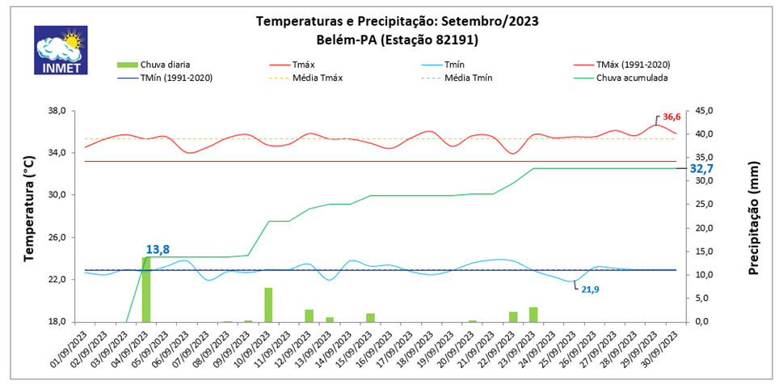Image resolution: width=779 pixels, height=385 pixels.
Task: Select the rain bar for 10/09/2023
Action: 268,304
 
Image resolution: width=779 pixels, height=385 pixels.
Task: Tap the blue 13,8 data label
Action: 158,250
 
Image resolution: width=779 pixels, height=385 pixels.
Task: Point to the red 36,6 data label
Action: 672,117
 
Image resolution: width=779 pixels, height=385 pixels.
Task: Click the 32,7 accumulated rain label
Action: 701,169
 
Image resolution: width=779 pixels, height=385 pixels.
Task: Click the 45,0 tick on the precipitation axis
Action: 705,112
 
